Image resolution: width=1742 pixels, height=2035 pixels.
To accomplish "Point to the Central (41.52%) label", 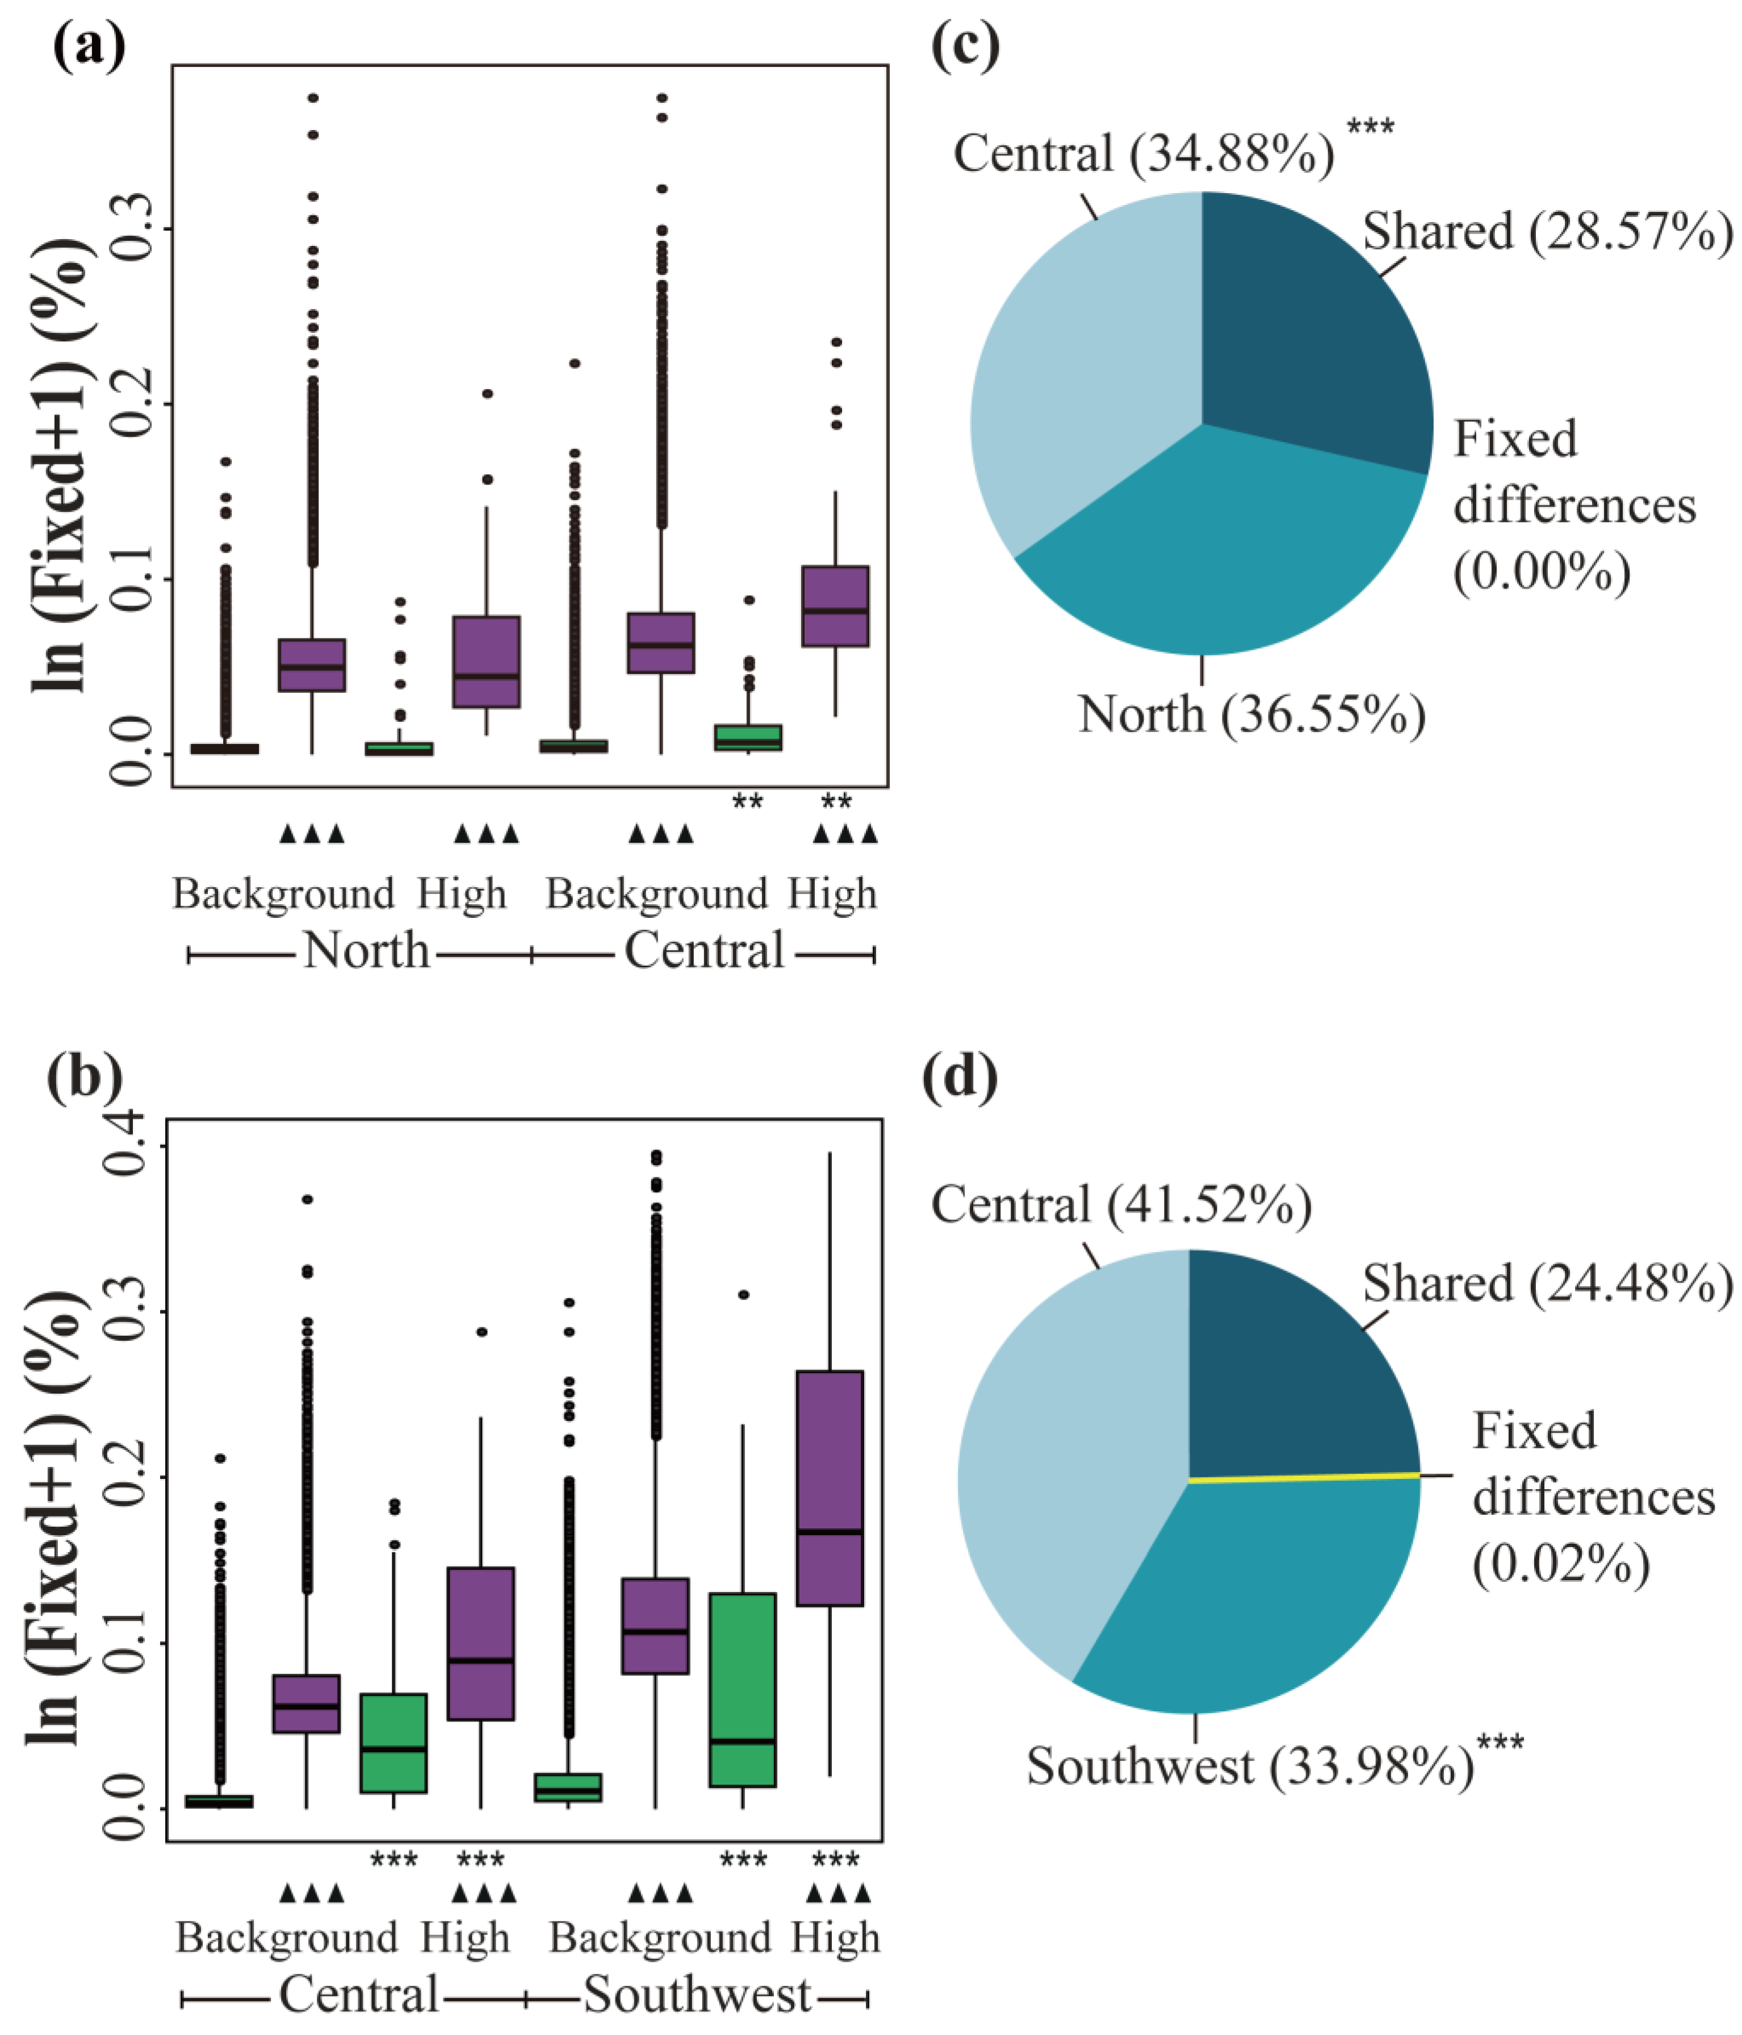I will [x=1120, y=1205].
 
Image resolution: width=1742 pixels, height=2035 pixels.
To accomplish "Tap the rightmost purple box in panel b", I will [x=830, y=1488].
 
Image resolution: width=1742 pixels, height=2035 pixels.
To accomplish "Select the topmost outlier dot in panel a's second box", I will [x=313, y=98].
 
